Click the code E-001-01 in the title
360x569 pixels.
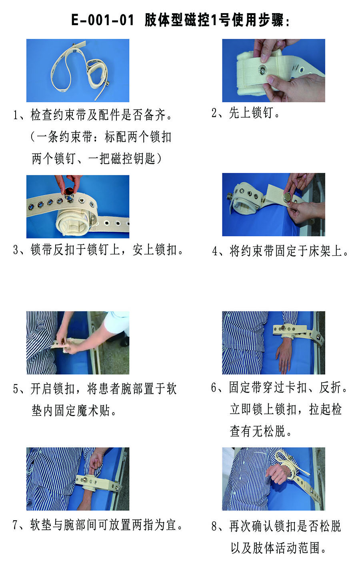pyautogui.click(x=102, y=20)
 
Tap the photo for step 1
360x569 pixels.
pyautogui.click(x=78, y=70)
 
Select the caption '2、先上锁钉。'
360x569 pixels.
pyautogui.click(x=246, y=113)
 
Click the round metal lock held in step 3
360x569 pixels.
pyautogui.click(x=68, y=193)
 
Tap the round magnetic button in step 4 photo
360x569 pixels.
pyautogui.click(x=288, y=196)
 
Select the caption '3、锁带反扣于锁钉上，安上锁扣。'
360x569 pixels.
pyautogui.click(x=98, y=249)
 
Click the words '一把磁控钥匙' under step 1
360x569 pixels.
pyautogui.click(x=122, y=158)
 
